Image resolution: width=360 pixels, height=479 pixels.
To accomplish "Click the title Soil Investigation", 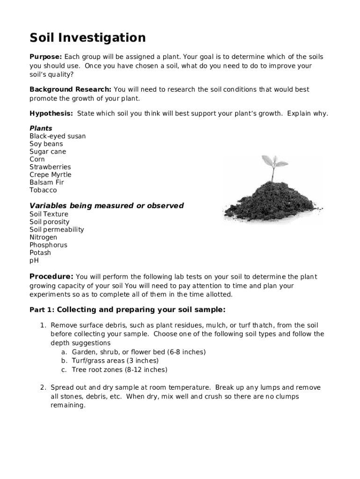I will point(87,37).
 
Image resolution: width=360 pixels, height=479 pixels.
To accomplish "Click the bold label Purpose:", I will point(46,57).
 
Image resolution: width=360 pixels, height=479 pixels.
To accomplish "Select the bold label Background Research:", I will point(70,89).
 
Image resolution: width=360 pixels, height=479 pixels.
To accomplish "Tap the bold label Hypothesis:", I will point(51,114).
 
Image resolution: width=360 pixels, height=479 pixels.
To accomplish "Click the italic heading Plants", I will point(41,128).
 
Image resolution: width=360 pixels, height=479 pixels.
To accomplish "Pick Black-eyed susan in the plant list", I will point(58,136).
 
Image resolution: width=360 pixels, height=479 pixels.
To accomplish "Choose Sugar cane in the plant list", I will point(48,152).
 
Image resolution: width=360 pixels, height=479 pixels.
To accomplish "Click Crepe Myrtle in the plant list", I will point(50,174).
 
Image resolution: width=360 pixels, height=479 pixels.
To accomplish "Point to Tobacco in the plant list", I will point(43,190).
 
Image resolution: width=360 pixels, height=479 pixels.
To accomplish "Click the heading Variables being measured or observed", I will point(107,206).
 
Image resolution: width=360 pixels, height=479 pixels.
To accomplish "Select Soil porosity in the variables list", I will point(49,222).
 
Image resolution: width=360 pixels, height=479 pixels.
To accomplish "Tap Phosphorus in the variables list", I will point(48,245).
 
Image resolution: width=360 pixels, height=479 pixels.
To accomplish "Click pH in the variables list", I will point(34,261).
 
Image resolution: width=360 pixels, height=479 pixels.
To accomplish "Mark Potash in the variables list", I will point(40,253).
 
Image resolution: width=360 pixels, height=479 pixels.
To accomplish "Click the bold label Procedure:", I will point(51,276).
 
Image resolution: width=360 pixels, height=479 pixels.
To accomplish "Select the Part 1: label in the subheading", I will point(42,310).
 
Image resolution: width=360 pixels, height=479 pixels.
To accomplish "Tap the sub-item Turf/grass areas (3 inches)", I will point(115,361).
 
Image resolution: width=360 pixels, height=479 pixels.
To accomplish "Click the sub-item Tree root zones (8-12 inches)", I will point(119,370).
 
